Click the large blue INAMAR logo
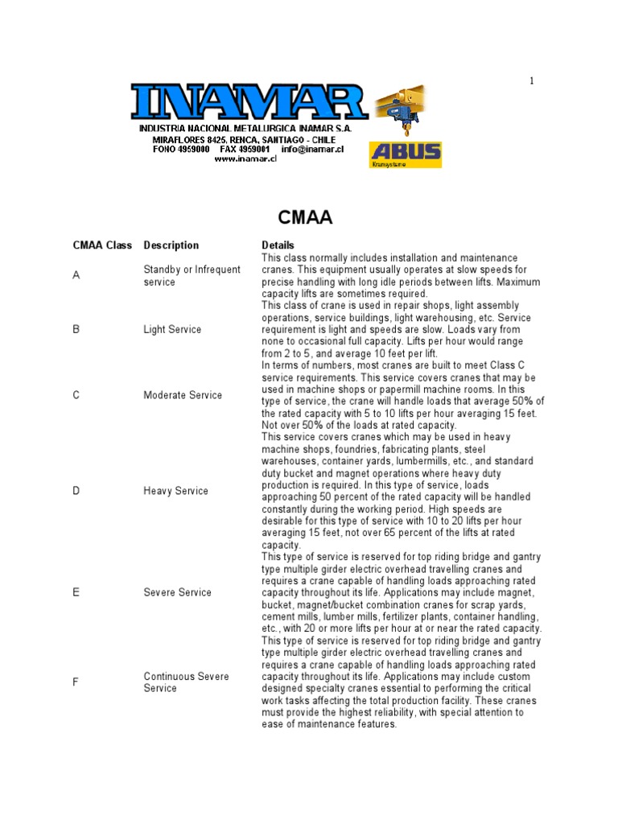[x=249, y=102]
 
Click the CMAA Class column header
[x=102, y=245]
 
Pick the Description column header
[x=171, y=245]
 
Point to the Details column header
[x=278, y=245]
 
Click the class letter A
[x=76, y=276]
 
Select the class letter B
[x=76, y=330]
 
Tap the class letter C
[x=76, y=395]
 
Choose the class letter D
[x=76, y=491]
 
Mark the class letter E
[x=76, y=592]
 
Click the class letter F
[x=76, y=682]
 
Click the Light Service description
[x=172, y=330]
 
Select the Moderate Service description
[x=183, y=395]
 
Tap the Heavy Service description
[x=175, y=491]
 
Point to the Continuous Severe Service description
[x=186, y=682]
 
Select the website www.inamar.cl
[x=245, y=159]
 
